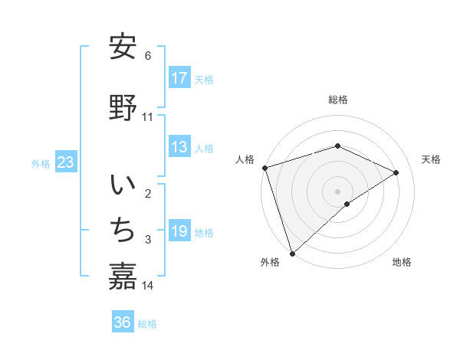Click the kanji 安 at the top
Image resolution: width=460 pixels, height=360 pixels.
click(x=123, y=47)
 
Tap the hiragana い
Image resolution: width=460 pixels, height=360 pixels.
click(x=123, y=186)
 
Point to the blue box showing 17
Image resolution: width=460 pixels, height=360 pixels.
click(x=179, y=78)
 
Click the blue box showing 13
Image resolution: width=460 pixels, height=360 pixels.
click(x=179, y=147)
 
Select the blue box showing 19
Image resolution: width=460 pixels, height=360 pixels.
click(x=179, y=231)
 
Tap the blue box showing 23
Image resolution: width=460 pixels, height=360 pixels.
click(x=64, y=162)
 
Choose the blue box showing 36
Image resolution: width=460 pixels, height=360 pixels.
click(x=123, y=322)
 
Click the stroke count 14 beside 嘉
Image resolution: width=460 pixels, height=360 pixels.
click(x=148, y=286)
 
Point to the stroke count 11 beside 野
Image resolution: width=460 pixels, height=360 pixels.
click(x=148, y=117)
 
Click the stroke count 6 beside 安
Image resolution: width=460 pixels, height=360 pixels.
click(x=148, y=56)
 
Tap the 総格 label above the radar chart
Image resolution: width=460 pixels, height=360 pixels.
click(x=337, y=100)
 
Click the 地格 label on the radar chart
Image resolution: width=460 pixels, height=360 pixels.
click(x=402, y=262)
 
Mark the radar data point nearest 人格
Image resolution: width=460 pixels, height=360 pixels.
click(x=264, y=168)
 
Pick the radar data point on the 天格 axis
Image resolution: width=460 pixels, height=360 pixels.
click(x=396, y=172)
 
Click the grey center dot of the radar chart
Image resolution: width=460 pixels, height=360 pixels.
click(x=337, y=191)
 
